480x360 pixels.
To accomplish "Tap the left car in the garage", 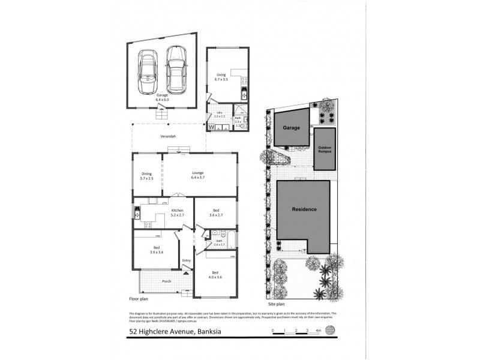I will coord(147,73).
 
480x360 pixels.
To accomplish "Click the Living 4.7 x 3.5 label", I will coord(222,77).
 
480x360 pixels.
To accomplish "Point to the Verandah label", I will coord(168,137).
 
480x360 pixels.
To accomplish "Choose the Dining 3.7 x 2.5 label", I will coord(147,176).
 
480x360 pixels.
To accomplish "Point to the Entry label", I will coord(187,260).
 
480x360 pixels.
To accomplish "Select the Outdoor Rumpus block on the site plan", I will coord(325,148).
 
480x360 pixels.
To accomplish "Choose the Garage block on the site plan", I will coord(292,127).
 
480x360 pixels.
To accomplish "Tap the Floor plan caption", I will coord(139,298).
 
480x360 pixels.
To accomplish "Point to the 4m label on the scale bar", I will coord(319,331).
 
